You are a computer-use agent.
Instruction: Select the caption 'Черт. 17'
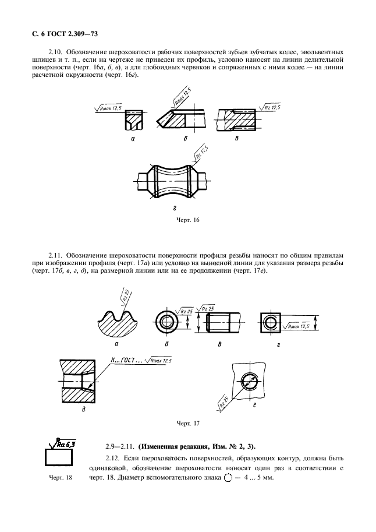187,422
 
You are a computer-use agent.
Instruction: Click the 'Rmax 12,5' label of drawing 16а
109,107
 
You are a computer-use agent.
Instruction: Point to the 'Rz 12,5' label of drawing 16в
271,107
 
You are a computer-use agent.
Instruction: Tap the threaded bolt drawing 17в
223,321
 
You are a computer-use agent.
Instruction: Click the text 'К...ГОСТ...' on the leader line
126,361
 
